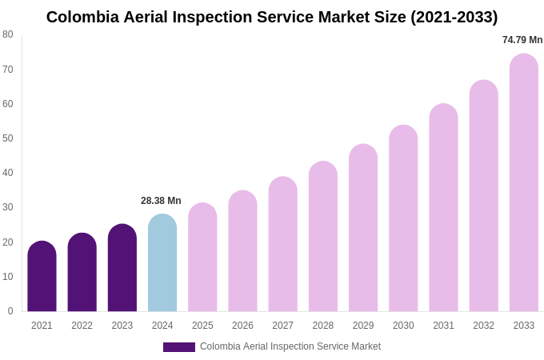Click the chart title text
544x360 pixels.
(x=272, y=17)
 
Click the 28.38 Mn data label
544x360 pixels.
(x=161, y=201)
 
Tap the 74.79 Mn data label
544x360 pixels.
(x=522, y=40)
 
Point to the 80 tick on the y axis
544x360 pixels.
(x=8, y=34)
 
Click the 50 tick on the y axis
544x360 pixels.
(x=8, y=138)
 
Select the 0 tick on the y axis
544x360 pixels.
(x=10, y=311)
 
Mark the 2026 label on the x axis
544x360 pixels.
(x=242, y=326)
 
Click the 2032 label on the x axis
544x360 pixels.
(x=483, y=326)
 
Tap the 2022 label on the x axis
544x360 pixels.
(x=82, y=326)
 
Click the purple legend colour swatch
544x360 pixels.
(x=179, y=347)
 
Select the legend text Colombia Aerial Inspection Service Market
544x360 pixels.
(x=290, y=346)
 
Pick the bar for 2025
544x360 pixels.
(x=202, y=257)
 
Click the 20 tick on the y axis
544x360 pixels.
(x=8, y=242)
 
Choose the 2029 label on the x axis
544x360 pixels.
(x=363, y=326)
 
